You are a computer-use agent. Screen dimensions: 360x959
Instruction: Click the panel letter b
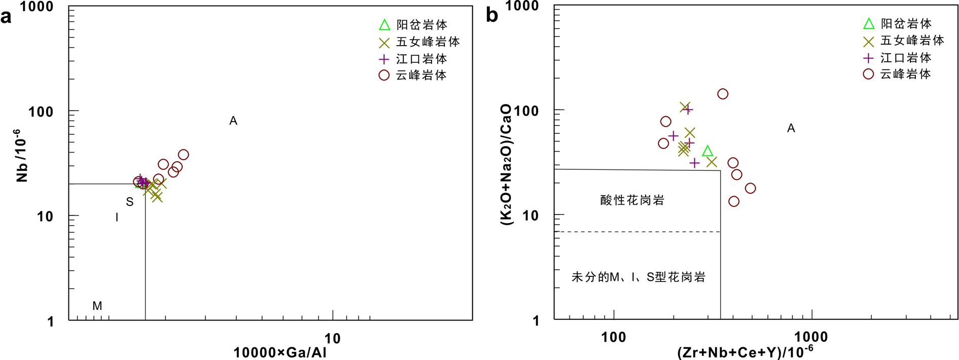coord(491,15)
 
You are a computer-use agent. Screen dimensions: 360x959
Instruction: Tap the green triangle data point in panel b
coord(707,151)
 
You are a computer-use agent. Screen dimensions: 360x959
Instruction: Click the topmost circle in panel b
coord(723,94)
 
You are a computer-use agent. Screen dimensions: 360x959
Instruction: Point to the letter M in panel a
coord(97,306)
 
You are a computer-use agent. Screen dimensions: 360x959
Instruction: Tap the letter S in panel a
coord(130,202)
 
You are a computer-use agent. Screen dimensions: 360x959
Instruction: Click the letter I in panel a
coord(117,218)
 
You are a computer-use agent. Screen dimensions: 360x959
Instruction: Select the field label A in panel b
coord(791,128)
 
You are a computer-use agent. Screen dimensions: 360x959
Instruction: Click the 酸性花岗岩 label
coord(632,200)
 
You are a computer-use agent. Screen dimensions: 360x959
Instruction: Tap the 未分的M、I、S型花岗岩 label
coord(638,277)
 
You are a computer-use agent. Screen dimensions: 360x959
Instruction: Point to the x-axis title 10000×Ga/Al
coord(280,352)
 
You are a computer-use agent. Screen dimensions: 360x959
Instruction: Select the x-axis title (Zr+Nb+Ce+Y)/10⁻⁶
coord(745,352)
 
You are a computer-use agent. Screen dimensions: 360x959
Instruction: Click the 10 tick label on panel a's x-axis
coord(332,338)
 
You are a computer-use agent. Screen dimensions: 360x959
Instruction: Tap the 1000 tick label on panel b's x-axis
coord(810,337)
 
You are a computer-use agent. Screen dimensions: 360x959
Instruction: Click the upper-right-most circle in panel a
coord(184,155)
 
